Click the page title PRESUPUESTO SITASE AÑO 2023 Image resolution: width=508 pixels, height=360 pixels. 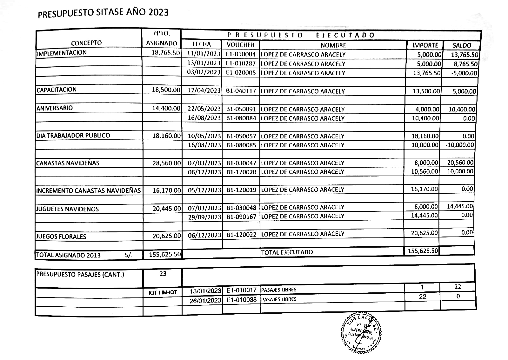pyautogui.click(x=103, y=13)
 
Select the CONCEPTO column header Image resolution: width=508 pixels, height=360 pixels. pyautogui.click(x=86, y=43)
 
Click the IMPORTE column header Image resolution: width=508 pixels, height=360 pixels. pyautogui.click(x=425, y=45)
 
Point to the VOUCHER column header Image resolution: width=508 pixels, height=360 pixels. pyautogui.click(x=241, y=45)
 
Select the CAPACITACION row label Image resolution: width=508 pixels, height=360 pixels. pyautogui.click(x=57, y=90)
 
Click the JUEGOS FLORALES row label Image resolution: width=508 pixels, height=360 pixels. pyautogui.click(x=61, y=237)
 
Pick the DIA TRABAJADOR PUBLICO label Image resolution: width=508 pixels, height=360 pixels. pyautogui.click(x=73, y=136)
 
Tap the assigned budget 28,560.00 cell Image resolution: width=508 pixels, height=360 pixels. pyautogui.click(x=166, y=163)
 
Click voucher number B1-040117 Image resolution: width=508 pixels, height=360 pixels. pyautogui.click(x=241, y=91)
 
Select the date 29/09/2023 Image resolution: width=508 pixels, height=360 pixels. pyautogui.click(x=204, y=217)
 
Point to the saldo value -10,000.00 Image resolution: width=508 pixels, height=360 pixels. pyautogui.click(x=460, y=145)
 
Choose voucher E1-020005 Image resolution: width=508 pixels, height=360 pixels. pyautogui.click(x=241, y=73)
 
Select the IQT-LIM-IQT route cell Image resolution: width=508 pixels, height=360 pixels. pyautogui.click(x=163, y=292)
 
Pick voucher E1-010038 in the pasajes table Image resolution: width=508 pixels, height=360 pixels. pyautogui.click(x=241, y=300)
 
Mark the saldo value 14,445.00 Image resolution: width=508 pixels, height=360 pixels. pyautogui.click(x=460, y=206)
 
